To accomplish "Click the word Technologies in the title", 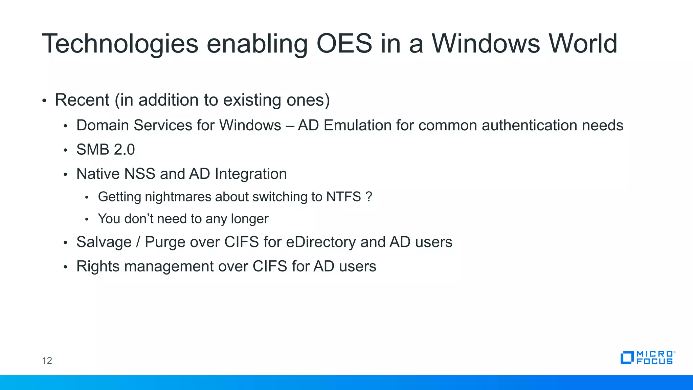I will [x=120, y=44].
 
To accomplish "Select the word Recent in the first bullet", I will [x=82, y=100].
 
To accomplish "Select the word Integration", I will [x=251, y=174].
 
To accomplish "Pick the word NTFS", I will [x=343, y=197].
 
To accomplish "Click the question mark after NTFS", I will [x=369, y=197].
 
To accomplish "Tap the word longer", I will [x=249, y=219].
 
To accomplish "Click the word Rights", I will [x=98, y=266].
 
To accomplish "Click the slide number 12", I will [x=47, y=361].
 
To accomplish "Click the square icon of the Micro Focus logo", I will [x=627, y=358].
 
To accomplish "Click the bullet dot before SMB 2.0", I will [x=66, y=150].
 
